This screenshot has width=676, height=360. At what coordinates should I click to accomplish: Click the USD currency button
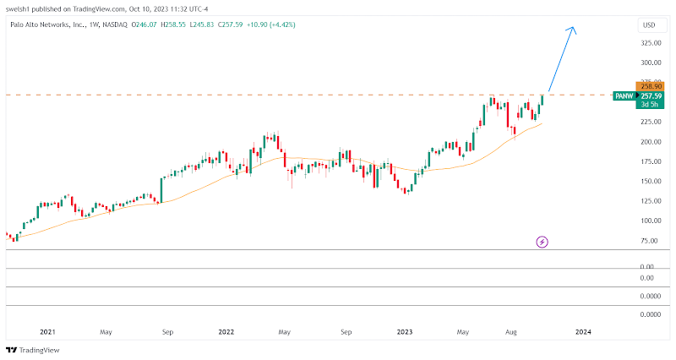click(x=649, y=25)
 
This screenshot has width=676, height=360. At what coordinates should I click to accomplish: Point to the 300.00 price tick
click(x=649, y=63)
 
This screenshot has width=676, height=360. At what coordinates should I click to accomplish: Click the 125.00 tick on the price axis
click(x=649, y=201)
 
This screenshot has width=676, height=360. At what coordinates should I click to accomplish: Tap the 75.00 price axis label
click(x=649, y=241)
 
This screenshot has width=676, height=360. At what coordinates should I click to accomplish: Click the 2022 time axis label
click(x=226, y=332)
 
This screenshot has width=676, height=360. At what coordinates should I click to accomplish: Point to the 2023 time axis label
click(x=404, y=332)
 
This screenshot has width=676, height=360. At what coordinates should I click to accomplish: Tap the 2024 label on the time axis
click(x=583, y=332)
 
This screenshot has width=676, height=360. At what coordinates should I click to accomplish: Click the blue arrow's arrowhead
click(x=573, y=30)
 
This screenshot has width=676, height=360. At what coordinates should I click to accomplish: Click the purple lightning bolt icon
click(x=542, y=243)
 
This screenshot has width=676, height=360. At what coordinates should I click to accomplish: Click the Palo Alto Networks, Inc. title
click(x=42, y=25)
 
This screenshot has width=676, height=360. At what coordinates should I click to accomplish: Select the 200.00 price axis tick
click(x=649, y=142)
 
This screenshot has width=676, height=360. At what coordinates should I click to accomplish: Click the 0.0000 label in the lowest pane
click(x=649, y=314)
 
